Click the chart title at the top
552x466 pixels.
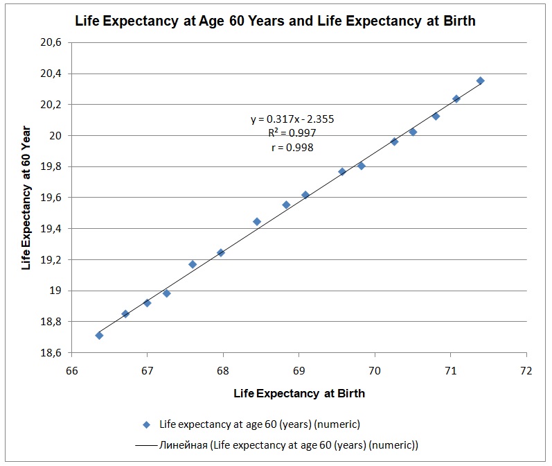pyautogui.click(x=275, y=21)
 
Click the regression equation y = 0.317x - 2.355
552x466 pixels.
pyautogui.click(x=292, y=119)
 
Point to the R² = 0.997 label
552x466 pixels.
pyautogui.click(x=292, y=133)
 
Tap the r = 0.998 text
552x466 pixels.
pyautogui.click(x=292, y=147)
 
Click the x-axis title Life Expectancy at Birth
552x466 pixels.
pyautogui.click(x=299, y=393)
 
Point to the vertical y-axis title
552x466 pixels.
pyautogui.click(x=26, y=198)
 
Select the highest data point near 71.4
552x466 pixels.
pyautogui.click(x=480, y=80)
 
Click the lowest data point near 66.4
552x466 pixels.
pyautogui.click(x=99, y=336)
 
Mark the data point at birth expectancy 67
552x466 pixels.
pyautogui.click(x=147, y=303)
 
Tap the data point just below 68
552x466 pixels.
pyautogui.click(x=220, y=252)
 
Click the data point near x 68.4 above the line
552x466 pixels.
pyautogui.click(x=257, y=222)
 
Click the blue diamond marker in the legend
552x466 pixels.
pyautogui.click(x=146, y=423)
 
